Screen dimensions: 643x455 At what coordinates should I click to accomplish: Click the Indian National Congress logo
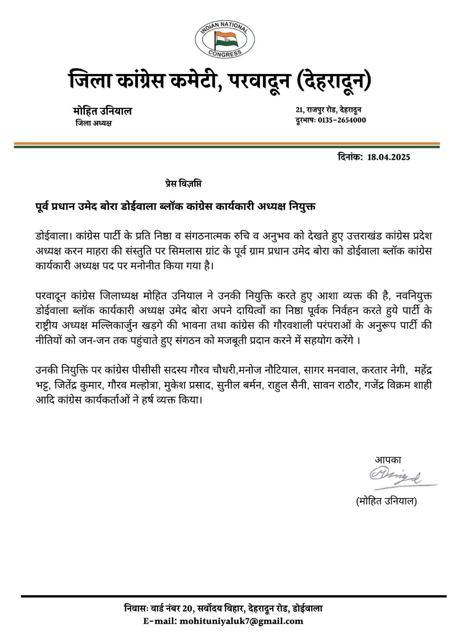pyautogui.click(x=224, y=38)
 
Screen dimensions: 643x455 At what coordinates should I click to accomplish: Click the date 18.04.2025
pyautogui.click(x=389, y=157)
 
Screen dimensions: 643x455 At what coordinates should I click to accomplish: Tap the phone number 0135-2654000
pyautogui.click(x=342, y=120)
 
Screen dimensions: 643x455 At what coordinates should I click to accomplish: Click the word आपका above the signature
pyautogui.click(x=388, y=460)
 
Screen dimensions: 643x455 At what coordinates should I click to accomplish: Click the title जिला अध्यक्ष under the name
pyautogui.click(x=94, y=123)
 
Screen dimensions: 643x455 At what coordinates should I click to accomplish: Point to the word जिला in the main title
pyautogui.click(x=89, y=80)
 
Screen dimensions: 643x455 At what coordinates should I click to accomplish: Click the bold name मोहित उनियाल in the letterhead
pyautogui.click(x=103, y=111)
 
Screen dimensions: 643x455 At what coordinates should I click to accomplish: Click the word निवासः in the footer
pyautogui.click(x=137, y=608)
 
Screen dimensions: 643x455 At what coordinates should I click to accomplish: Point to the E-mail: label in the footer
pyautogui.click(x=161, y=621)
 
